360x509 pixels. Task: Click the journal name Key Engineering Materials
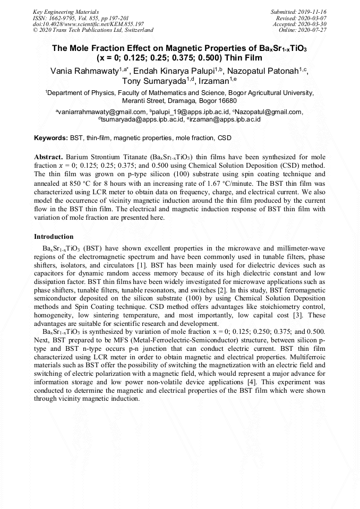[66, 12]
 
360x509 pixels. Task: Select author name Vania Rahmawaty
[84, 71]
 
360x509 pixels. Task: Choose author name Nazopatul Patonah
[264, 71]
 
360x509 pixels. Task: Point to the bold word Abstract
[49, 158]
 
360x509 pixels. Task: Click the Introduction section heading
[54, 237]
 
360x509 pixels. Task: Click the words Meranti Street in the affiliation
[143, 100]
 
